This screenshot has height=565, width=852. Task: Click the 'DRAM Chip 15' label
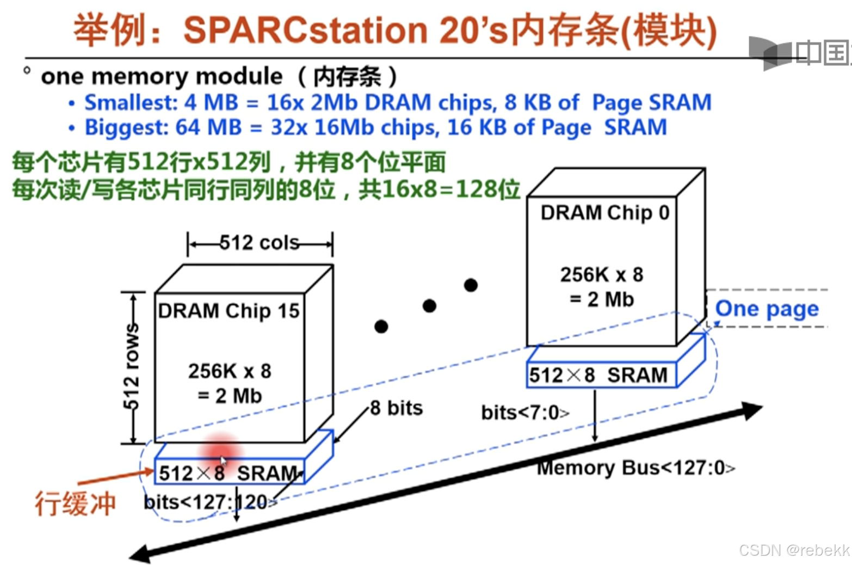[229, 311]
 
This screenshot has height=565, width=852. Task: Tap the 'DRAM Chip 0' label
[604, 212]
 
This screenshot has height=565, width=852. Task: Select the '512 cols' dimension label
[260, 243]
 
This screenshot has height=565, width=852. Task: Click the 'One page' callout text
[767, 309]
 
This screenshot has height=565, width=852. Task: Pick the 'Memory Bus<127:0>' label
[635, 468]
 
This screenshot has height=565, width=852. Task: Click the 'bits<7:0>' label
[525, 413]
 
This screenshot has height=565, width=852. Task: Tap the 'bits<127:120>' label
[210, 501]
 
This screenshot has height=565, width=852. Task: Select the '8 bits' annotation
[396, 408]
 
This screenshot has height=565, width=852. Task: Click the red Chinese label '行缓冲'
[75, 503]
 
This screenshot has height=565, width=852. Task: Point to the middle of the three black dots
[429, 306]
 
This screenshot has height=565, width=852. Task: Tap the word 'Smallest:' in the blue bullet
[131, 102]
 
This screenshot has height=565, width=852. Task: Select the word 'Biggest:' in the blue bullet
[126, 127]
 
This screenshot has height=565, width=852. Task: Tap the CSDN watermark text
[794, 550]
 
